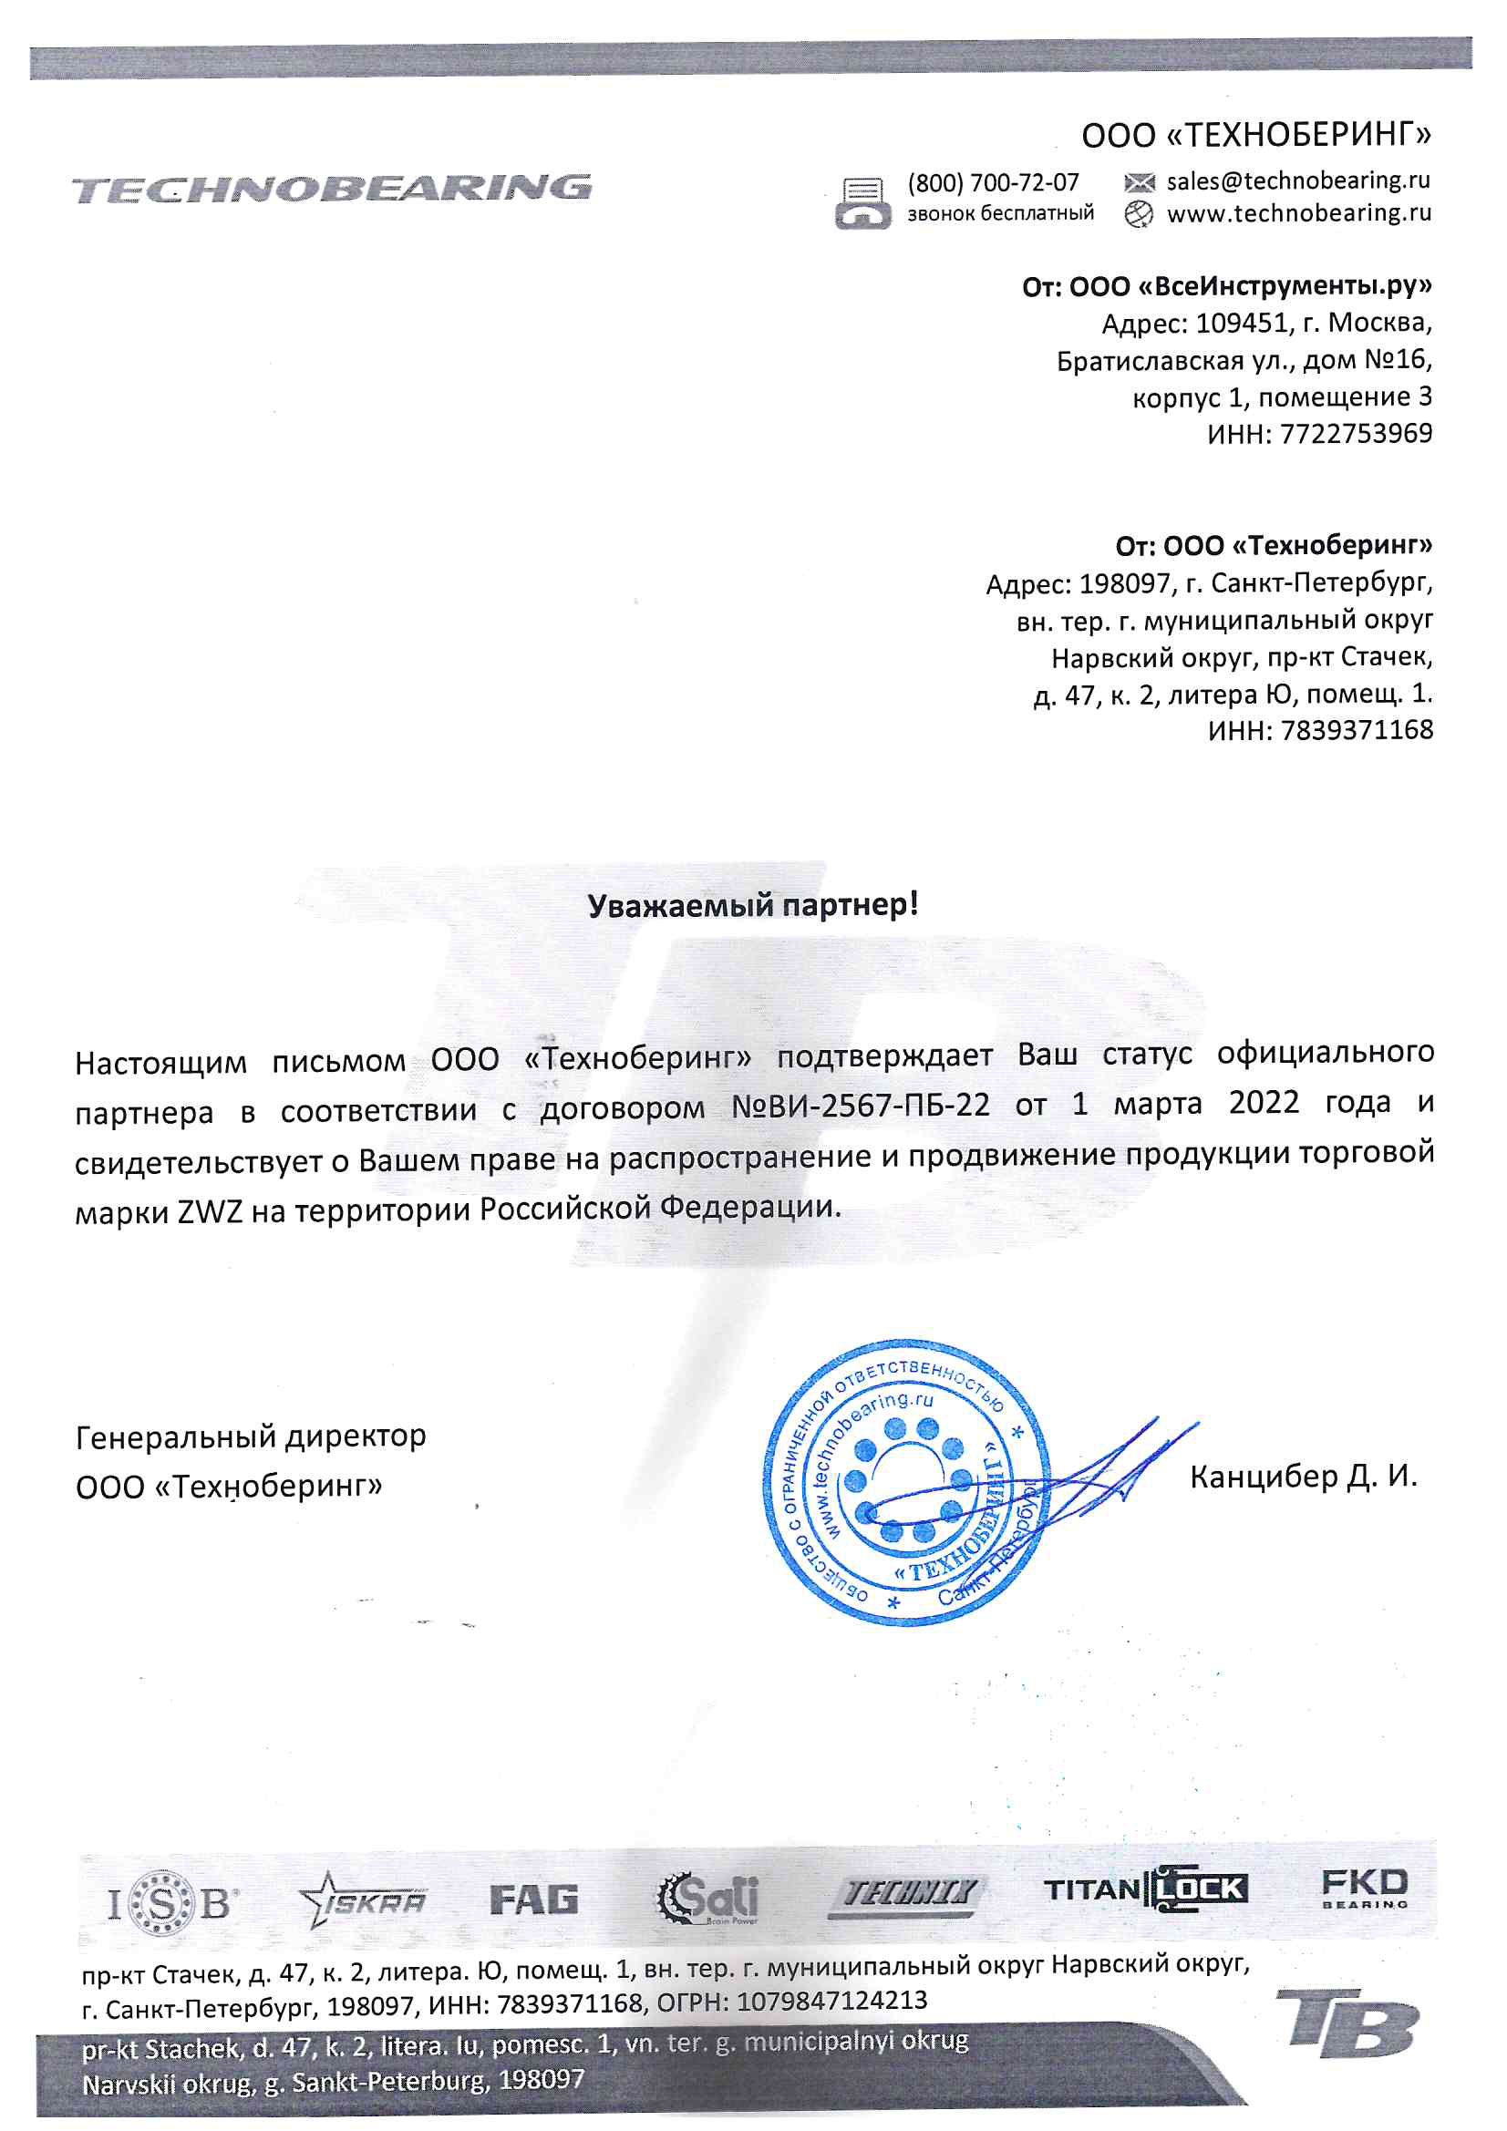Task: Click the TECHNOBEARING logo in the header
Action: click(x=331, y=189)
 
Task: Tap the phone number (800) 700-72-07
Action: click(x=993, y=182)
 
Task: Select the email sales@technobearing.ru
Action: click(x=1297, y=180)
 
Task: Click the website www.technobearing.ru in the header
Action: click(x=1298, y=213)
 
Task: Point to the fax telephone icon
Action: click(x=862, y=203)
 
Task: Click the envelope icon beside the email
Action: click(x=1139, y=182)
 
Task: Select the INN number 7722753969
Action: click(x=1356, y=434)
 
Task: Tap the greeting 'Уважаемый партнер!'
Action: click(x=753, y=904)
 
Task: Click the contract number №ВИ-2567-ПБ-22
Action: click(x=860, y=1106)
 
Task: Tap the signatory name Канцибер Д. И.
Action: click(x=1303, y=1476)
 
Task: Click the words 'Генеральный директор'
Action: click(x=251, y=1436)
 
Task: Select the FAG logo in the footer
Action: click(x=534, y=1899)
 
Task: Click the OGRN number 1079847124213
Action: click(x=831, y=2001)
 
